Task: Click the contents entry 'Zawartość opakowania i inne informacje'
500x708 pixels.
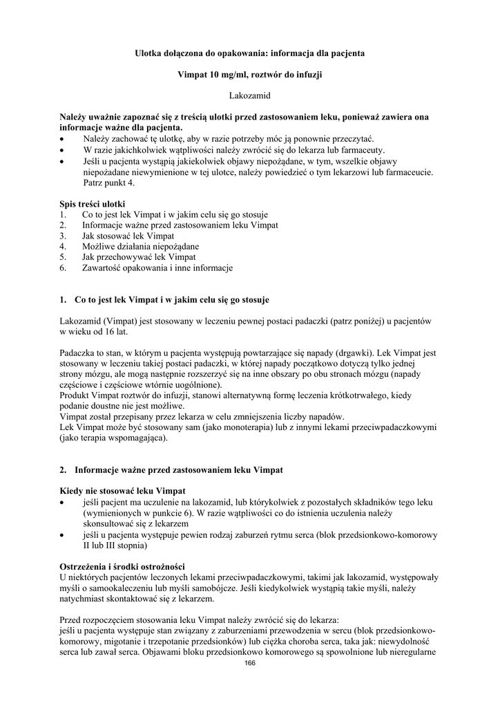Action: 157,267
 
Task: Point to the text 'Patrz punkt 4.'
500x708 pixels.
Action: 109,183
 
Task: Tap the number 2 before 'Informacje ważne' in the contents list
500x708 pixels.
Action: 62,225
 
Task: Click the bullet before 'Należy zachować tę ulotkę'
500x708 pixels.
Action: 63,138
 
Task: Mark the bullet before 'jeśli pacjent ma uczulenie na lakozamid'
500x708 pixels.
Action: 63,501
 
